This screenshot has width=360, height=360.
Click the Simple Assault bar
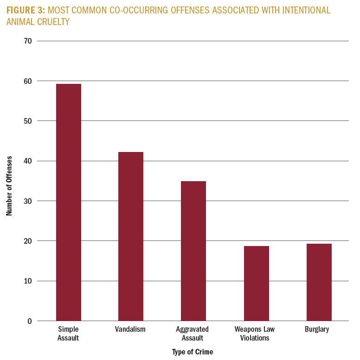[69, 202]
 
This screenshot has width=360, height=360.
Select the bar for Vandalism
[131, 236]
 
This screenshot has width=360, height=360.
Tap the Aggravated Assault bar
[193, 251]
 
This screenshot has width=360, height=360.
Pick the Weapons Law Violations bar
[256, 283]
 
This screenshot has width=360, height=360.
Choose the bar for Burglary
[319, 282]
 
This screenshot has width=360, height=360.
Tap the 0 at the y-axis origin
[29, 321]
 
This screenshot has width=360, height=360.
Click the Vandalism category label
[130, 329]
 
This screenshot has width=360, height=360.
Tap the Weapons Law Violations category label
[255, 334]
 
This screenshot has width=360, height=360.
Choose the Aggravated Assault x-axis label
[193, 334]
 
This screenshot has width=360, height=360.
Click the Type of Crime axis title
[193, 352]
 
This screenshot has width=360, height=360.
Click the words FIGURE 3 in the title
[26, 10]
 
